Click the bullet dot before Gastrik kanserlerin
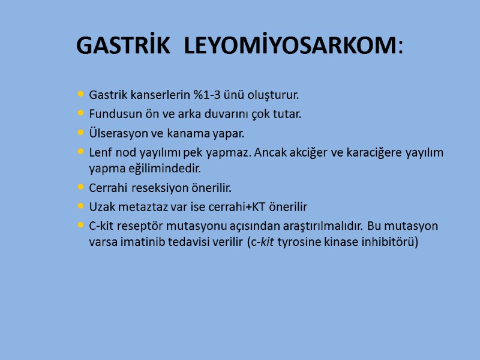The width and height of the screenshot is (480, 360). [x=81, y=95]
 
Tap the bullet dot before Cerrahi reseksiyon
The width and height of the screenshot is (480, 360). [x=81, y=188]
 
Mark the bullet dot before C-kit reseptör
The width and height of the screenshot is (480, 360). [x=81, y=226]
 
